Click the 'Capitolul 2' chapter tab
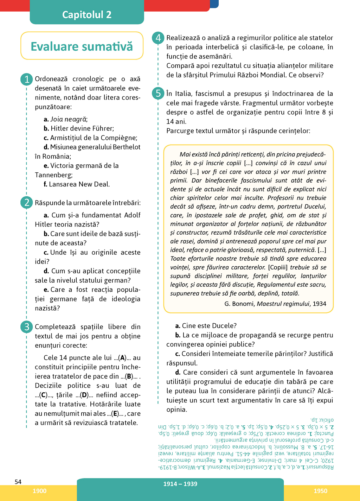coord(87,14)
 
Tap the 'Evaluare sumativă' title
coord(82,46)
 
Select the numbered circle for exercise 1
coord(27,79)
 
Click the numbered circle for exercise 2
coord(27,203)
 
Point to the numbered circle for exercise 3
coord(27,327)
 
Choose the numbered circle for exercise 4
coord(158,38)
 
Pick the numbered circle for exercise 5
coord(158,93)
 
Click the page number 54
coord(18,482)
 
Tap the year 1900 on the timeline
coord(39,491)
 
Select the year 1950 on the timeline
coord(320,491)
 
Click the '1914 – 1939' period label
coord(180,484)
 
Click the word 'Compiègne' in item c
coord(119,138)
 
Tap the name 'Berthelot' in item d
coord(126,147)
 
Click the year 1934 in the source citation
coord(319,304)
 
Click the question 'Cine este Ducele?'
coord(209,325)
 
